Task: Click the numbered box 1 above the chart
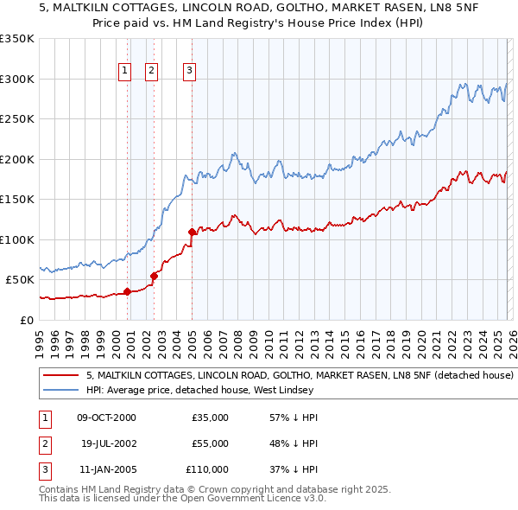124,71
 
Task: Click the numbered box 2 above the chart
151,71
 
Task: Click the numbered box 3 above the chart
189,71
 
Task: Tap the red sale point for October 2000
127,291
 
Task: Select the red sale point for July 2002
154,276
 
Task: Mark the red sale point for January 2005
192,232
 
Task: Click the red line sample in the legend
60,376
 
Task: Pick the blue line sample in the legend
60,390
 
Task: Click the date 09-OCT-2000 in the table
106,418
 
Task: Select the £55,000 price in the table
210,443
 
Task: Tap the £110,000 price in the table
206,469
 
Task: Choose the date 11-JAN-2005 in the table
106,469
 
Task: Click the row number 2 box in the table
43,443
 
